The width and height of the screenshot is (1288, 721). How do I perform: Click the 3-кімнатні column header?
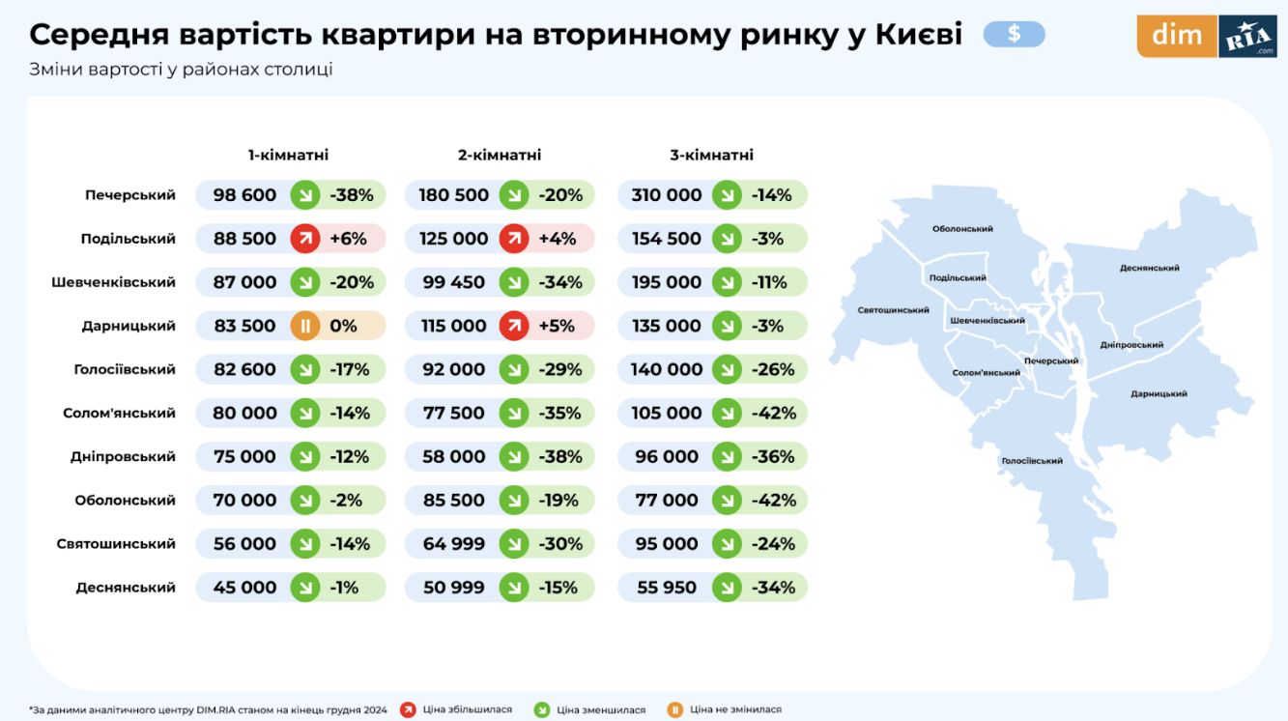[x=711, y=155]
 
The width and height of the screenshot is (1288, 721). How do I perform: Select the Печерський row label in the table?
[x=129, y=195]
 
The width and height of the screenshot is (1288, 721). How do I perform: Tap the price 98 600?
[x=244, y=195]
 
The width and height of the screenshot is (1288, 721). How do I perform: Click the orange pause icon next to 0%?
[x=305, y=326]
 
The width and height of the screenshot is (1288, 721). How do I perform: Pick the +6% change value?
[x=348, y=239]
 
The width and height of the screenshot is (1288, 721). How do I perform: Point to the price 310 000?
[x=667, y=195]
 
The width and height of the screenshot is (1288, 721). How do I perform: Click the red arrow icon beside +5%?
[x=514, y=326]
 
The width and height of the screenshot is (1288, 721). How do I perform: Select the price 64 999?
[x=454, y=543]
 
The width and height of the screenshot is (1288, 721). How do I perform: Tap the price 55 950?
[x=667, y=587]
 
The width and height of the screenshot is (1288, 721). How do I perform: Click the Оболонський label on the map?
[x=962, y=229]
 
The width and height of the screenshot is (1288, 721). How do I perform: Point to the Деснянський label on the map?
[x=1149, y=268]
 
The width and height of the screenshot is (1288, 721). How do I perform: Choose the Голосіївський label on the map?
[x=1032, y=461]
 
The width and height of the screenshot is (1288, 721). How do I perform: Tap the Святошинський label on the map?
[x=893, y=310]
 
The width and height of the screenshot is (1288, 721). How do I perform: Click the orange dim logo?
[x=1176, y=36]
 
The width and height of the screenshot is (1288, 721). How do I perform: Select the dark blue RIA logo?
[x=1247, y=37]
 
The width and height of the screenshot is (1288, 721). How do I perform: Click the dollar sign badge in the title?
[x=1014, y=35]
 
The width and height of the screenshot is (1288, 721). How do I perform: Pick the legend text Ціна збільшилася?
[x=468, y=709]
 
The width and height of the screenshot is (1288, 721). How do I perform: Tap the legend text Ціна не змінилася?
[x=735, y=709]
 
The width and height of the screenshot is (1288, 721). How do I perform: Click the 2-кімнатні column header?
[x=500, y=155]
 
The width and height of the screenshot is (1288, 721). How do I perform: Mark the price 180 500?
[x=454, y=195]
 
